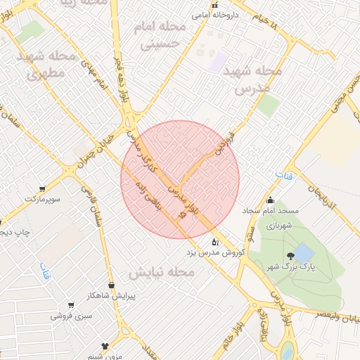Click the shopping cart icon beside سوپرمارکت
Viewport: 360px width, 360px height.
point(43,188)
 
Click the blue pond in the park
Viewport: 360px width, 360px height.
point(304,253)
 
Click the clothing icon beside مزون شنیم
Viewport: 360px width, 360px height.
point(105,346)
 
